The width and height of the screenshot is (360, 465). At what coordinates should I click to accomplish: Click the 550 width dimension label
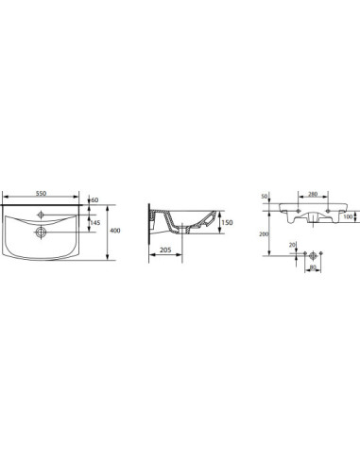[41, 193]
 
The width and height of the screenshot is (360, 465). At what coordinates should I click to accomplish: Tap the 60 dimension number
[95, 200]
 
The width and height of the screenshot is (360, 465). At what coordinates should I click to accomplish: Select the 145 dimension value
[95, 223]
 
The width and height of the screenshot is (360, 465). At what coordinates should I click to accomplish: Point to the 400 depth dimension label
[115, 231]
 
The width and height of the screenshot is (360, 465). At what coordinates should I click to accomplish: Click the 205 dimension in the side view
[165, 250]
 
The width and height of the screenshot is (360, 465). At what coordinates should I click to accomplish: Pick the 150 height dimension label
[227, 222]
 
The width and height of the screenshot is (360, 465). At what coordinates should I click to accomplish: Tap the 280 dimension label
[313, 194]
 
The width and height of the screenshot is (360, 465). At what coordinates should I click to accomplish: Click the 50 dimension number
[265, 197]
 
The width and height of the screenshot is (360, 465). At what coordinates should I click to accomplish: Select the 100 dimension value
[348, 216]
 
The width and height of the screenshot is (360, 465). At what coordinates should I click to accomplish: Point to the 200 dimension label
[264, 234]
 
